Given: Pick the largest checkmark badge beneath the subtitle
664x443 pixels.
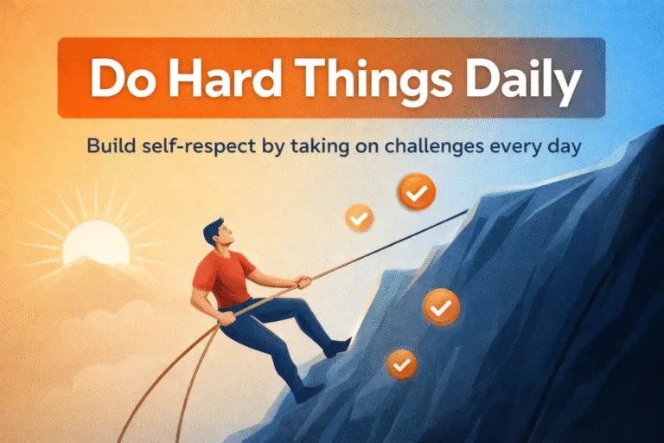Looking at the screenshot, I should (x=417, y=193).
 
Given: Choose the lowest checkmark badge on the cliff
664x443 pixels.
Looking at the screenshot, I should (x=400, y=365).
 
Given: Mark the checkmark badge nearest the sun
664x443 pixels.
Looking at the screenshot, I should (x=359, y=217).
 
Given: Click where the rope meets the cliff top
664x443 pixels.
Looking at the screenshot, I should (x=468, y=209).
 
